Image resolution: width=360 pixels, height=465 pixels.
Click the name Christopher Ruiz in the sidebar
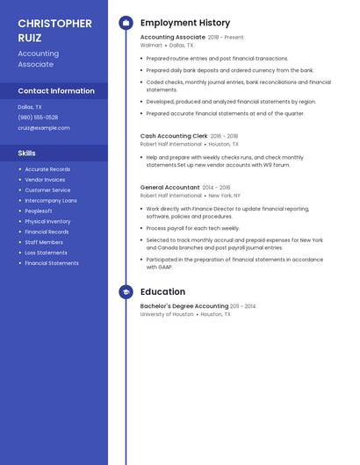pos(54,30)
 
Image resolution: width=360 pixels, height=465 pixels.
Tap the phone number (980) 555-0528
pos(38,117)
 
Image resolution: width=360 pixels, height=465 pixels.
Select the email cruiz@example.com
pos(43,127)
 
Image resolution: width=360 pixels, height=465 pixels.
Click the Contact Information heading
pos(56,90)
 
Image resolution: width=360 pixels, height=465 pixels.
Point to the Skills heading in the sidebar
pos(27,153)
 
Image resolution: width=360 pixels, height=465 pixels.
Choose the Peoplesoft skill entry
pos(39,211)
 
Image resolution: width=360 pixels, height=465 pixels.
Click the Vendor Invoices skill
pos(45,179)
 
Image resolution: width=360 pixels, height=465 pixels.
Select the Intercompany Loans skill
pos(51,200)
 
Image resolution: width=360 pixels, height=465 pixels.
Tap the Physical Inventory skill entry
pos(47,221)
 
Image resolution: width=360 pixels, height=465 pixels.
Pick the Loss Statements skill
pos(46,253)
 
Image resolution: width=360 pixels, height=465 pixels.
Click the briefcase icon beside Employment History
pos(126,23)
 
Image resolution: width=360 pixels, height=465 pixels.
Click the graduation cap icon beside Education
pos(126,292)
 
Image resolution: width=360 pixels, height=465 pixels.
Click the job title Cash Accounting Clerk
pos(174,136)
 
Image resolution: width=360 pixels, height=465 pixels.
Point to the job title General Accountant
pos(170,187)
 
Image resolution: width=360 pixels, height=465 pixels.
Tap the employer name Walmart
pos(151,45)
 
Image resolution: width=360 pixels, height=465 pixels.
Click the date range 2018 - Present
pos(226,38)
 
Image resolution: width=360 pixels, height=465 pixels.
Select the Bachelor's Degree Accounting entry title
pos(184,306)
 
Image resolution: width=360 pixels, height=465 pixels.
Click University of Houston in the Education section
pos(167,313)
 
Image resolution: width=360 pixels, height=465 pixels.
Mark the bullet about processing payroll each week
pos(192,228)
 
